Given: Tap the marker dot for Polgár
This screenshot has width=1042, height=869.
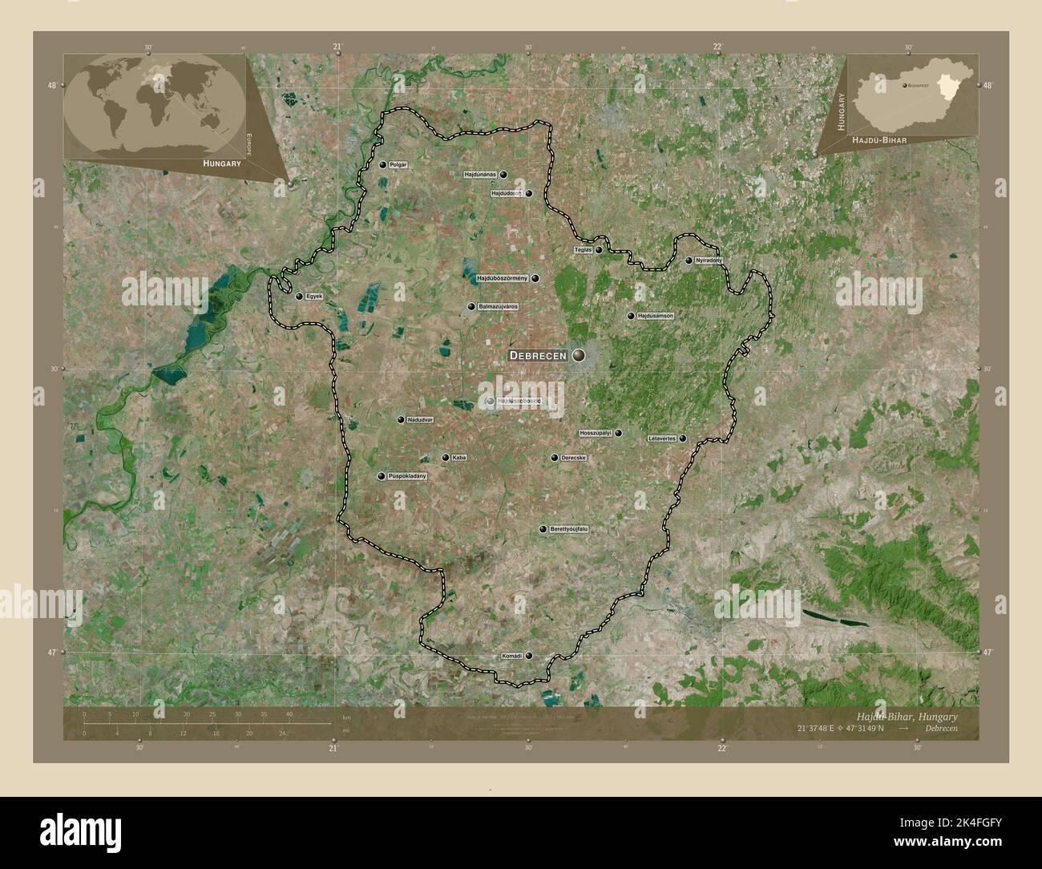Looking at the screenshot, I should pyautogui.click(x=383, y=165).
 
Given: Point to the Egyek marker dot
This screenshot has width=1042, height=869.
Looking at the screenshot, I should pyautogui.click(x=300, y=297).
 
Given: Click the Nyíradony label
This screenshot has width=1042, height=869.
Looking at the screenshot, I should pyautogui.click(x=709, y=261).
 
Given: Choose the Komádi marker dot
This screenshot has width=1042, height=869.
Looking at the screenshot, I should pyautogui.click(x=529, y=656).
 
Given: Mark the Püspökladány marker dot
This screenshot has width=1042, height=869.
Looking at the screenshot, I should pyautogui.click(x=382, y=476).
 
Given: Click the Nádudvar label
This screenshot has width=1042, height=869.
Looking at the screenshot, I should pyautogui.click(x=420, y=419).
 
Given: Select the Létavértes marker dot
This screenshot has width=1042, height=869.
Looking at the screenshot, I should pyautogui.click(x=682, y=439).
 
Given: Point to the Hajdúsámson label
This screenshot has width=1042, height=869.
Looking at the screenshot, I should pyautogui.click(x=656, y=316).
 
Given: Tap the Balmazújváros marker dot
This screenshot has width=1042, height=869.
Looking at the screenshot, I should pyautogui.click(x=471, y=307).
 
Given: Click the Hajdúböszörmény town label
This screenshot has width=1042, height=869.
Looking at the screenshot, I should pyautogui.click(x=502, y=278).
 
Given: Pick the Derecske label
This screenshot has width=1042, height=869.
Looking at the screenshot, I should pyautogui.click(x=574, y=458).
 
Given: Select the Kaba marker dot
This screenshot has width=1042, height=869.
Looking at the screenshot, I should pyautogui.click(x=446, y=458).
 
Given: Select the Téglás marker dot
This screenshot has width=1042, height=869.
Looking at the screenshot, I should pyautogui.click(x=599, y=250).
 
